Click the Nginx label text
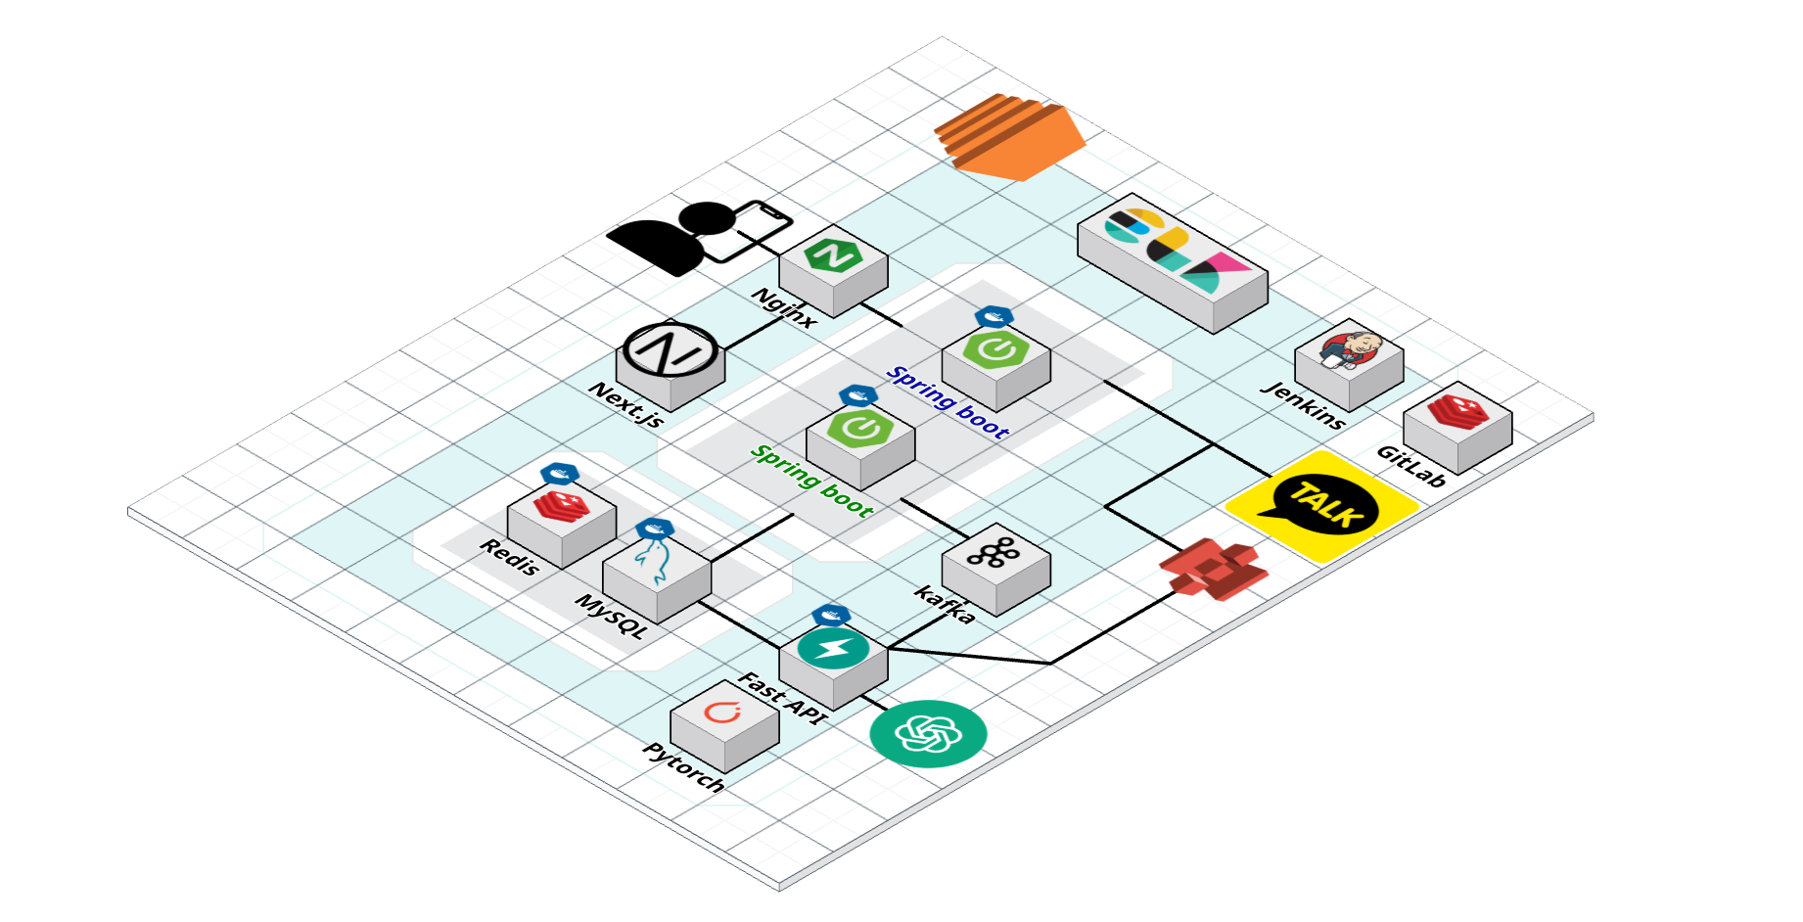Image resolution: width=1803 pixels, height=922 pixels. point(784,307)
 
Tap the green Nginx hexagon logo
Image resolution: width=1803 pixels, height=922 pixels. point(833,254)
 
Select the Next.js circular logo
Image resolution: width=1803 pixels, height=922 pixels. point(670,349)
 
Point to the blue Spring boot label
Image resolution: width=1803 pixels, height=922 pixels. point(948,401)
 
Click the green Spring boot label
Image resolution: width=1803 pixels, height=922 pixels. point(811,480)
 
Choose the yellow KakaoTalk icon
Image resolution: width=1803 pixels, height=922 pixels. point(1322,506)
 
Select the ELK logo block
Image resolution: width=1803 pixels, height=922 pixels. point(1173,263)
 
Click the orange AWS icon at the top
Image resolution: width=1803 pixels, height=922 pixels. point(1010,136)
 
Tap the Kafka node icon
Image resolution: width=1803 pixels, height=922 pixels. point(995,567)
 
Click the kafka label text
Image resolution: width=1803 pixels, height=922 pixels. point(945,604)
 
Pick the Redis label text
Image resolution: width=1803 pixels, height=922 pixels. point(510,556)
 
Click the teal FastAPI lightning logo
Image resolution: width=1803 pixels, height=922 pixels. point(833,649)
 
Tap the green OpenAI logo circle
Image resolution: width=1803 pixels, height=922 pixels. point(928,733)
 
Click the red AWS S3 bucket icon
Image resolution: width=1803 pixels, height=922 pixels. point(1214,568)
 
